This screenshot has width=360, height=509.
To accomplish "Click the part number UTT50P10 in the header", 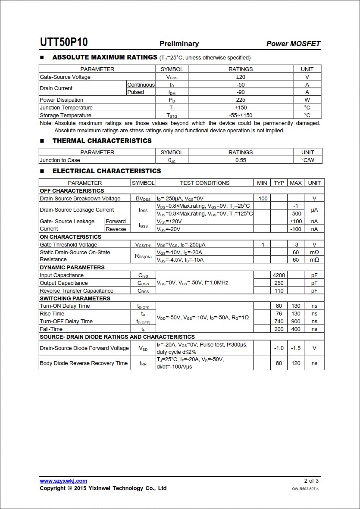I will pyautogui.click(x=64, y=42).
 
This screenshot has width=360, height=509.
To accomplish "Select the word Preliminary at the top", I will pyautogui.click(x=179, y=44).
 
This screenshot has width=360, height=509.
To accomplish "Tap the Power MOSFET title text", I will pyautogui.click(x=293, y=44).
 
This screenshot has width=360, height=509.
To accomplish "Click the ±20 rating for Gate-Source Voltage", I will pyautogui.click(x=241, y=77).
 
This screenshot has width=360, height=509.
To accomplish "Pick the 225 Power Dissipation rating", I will pyautogui.click(x=241, y=100).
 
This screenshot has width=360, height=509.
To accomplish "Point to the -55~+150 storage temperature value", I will pyautogui.click(x=241, y=116).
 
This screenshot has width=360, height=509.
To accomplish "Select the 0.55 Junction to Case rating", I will pyautogui.click(x=241, y=160).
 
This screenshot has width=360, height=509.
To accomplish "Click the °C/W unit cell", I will pyautogui.click(x=307, y=160).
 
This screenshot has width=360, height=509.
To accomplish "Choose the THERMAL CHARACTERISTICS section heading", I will pyautogui.click(x=102, y=141).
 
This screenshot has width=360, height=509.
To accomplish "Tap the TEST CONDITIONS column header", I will pyautogui.click(x=204, y=183).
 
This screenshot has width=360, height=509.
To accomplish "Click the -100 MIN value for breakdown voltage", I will pyautogui.click(x=262, y=199).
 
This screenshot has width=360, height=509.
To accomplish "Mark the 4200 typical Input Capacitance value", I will pyautogui.click(x=279, y=275).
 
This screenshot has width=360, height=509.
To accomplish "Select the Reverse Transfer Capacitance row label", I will pyautogui.click(x=76, y=291).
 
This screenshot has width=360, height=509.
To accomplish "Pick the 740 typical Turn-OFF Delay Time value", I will pyautogui.click(x=279, y=322).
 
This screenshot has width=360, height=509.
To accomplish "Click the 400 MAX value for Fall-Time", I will pyautogui.click(x=296, y=329).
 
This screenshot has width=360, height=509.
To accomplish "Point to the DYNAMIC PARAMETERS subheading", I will pyautogui.click(x=72, y=268).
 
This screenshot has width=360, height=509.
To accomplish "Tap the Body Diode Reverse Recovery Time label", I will pyautogui.click(x=84, y=363).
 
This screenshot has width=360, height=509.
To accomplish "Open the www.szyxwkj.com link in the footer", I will pyautogui.click(x=63, y=481).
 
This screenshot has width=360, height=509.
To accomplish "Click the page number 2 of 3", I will pyautogui.click(x=311, y=481).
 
